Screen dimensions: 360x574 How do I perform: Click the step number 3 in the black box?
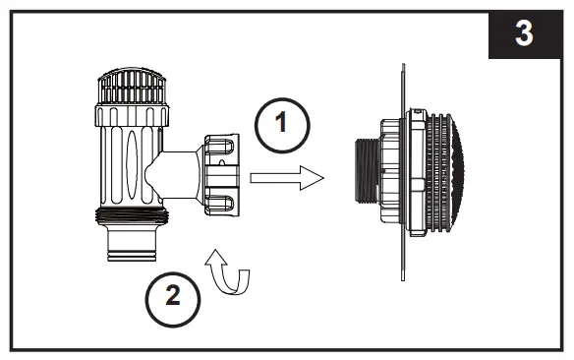click(x=525, y=32)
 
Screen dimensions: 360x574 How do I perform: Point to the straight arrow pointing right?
click(x=286, y=178)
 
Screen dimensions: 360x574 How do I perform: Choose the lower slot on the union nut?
click(x=222, y=205)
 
